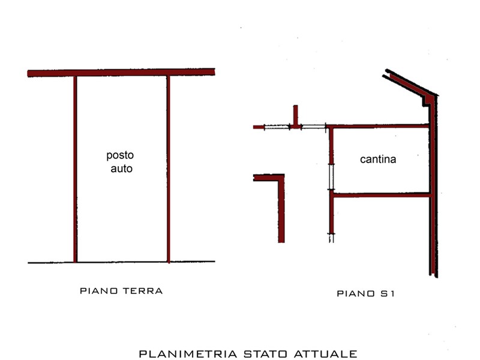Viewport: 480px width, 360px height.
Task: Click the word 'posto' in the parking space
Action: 120,155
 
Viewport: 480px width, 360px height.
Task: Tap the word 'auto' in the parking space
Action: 122,169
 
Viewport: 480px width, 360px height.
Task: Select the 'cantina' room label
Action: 378,159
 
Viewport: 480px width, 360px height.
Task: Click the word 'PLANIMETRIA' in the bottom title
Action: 188,354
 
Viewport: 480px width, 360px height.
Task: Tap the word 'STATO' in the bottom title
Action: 265,354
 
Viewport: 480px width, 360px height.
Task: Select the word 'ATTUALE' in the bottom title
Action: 325,354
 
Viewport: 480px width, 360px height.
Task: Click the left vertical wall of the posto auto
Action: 75,169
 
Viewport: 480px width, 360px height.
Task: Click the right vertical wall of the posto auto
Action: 168,169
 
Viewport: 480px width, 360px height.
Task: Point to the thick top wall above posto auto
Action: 121,73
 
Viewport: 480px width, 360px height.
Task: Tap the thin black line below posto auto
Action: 121,262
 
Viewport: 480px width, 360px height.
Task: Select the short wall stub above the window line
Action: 295,115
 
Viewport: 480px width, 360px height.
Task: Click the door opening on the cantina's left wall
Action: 331,177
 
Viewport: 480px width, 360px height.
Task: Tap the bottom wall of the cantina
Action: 381,194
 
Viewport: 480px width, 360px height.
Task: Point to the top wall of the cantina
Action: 377,126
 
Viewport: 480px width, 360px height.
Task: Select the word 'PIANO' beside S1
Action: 356,293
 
